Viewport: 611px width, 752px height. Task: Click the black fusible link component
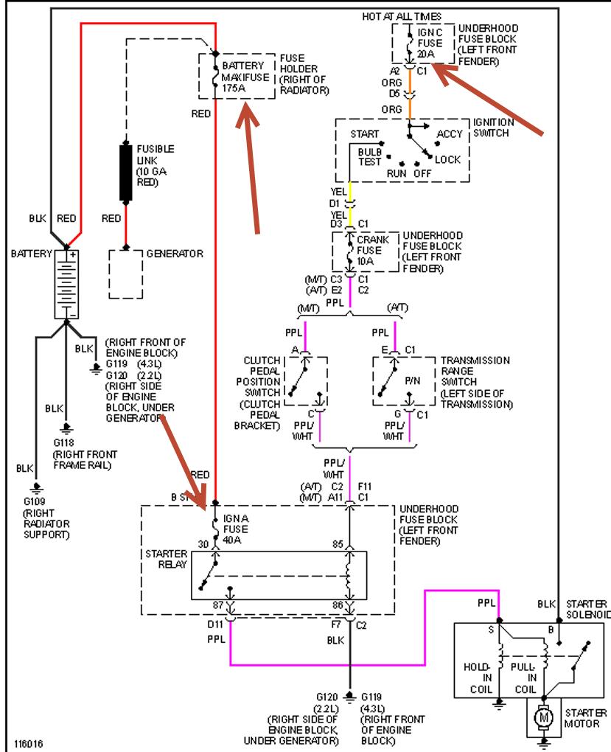pyautogui.click(x=126, y=173)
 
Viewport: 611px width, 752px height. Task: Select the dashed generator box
pyautogui.click(x=125, y=274)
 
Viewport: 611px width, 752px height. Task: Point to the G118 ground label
pyautogui.click(x=66, y=442)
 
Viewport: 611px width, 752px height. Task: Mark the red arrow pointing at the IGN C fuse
pyautogui.click(x=490, y=99)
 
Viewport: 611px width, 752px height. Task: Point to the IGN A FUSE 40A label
pyautogui.click(x=236, y=529)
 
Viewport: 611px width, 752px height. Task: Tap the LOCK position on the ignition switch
pyautogui.click(x=447, y=159)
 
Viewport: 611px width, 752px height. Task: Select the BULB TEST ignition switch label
pyautogui.click(x=369, y=156)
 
